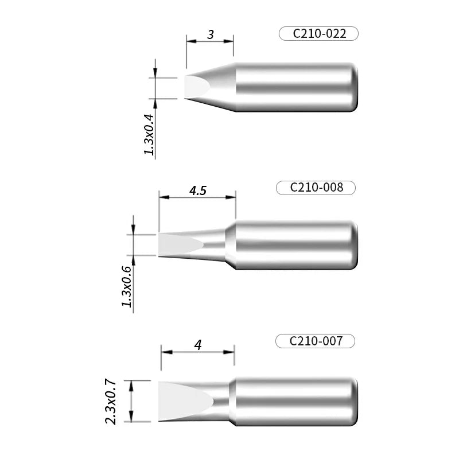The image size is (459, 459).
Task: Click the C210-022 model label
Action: (x=319, y=34)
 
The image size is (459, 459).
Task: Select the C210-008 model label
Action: (x=316, y=188)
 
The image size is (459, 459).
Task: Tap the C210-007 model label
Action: (x=316, y=341)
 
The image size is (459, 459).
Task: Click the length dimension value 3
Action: (x=211, y=35)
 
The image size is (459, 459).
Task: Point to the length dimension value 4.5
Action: (x=197, y=191)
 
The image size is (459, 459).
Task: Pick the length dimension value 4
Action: (x=198, y=345)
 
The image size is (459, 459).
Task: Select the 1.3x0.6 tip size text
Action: (x=127, y=286)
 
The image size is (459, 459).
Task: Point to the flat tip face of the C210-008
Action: (x=178, y=245)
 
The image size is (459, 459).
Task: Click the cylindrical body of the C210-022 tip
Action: (x=293, y=87)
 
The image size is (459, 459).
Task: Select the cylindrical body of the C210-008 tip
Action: (x=293, y=245)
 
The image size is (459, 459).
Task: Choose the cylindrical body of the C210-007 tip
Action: (x=293, y=402)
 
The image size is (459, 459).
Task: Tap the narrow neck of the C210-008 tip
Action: (x=215, y=245)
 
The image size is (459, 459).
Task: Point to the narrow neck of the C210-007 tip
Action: (x=222, y=402)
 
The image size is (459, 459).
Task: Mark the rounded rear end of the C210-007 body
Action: (x=355, y=402)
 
